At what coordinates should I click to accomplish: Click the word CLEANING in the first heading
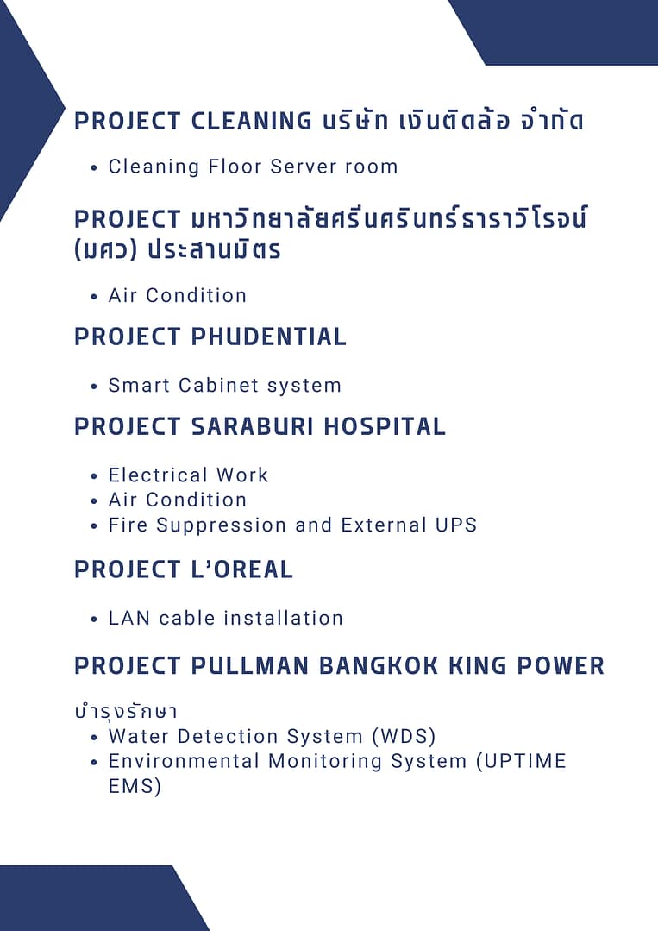(x=252, y=121)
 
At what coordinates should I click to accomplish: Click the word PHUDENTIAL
(x=269, y=337)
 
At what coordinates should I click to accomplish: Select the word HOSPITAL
(x=385, y=426)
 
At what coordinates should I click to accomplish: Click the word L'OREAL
(x=242, y=569)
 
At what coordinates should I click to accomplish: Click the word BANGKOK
(x=379, y=665)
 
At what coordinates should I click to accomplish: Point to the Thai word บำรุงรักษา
(x=126, y=711)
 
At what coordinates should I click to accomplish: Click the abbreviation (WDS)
(x=404, y=736)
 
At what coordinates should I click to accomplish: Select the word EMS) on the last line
(x=135, y=786)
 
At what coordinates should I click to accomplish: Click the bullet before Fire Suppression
(x=94, y=526)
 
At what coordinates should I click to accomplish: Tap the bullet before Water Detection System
(x=94, y=738)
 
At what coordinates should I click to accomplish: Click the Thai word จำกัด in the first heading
(x=552, y=121)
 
